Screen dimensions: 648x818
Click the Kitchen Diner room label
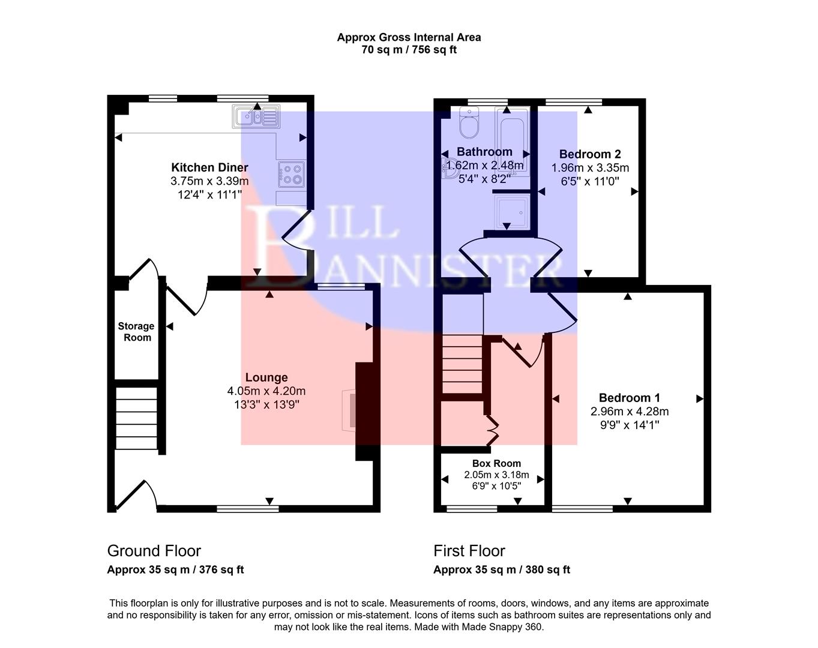point(209,167)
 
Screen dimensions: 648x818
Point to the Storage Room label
point(136,332)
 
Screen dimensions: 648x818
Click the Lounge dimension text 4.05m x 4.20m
point(266,391)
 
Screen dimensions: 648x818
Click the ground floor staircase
point(136,418)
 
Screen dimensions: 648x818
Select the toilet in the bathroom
point(468,122)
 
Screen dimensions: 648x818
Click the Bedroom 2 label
point(590,154)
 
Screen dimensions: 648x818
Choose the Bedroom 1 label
point(629,398)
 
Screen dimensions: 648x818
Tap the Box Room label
point(496,463)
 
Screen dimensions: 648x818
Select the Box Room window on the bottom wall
point(472,509)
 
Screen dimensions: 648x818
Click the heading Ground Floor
point(154,551)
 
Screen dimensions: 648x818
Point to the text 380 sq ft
point(549,570)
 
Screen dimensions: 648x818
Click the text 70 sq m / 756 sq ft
point(409,50)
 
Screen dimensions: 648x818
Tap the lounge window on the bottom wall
point(247,509)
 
